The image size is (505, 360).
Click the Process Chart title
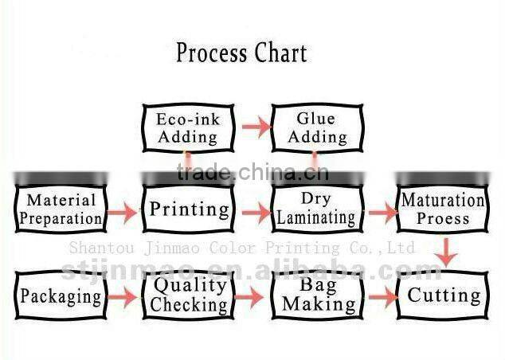tap(241, 53)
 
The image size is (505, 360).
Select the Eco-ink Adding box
tap(187, 127)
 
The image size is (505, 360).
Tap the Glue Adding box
tap(316, 127)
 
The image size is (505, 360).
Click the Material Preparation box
tap(61, 209)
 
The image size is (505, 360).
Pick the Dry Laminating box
tap(317, 209)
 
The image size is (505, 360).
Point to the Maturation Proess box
tap(443, 209)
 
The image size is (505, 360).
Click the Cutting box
tap(443, 295)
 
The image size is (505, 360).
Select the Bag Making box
tap(318, 295)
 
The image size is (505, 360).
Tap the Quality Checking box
tap(189, 295)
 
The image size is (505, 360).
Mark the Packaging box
tap(61, 297)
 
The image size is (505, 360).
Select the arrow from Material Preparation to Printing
tap(123, 213)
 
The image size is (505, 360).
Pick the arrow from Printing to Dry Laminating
tap(254, 213)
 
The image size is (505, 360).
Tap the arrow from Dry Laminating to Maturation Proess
tap(382, 213)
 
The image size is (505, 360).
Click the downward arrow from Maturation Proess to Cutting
tap(447, 252)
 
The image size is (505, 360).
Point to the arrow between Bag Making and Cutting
tap(382, 297)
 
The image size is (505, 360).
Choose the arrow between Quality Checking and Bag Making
tap(249, 297)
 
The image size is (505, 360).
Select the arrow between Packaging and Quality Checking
tap(123, 298)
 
